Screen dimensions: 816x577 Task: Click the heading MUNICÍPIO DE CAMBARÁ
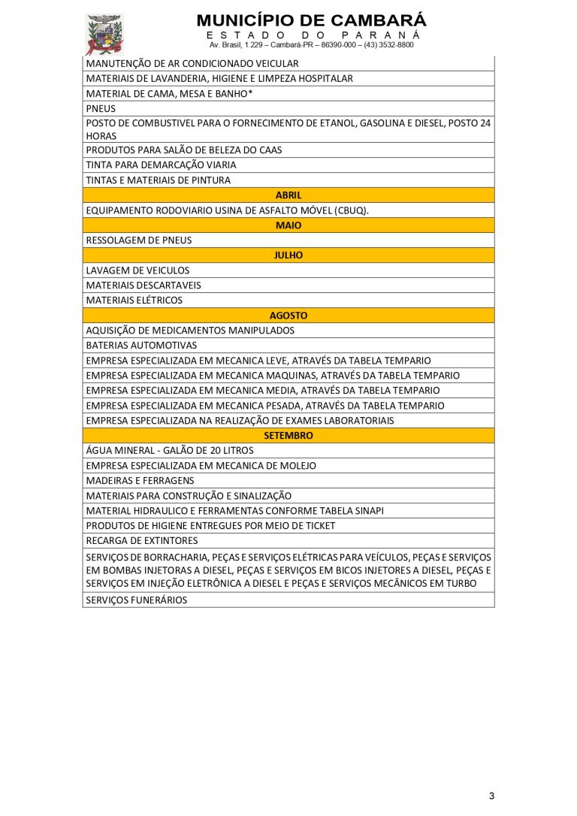pos(311,20)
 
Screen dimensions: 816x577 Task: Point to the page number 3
pos(491,796)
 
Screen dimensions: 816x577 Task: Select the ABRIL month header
pos(288,195)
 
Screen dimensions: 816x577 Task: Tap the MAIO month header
pos(288,225)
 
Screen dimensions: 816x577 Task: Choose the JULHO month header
pos(288,255)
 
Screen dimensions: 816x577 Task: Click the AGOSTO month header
pos(288,316)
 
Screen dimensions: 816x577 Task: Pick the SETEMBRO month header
pos(288,436)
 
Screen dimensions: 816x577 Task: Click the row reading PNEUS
pos(101,108)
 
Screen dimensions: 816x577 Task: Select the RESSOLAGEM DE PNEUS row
pos(139,240)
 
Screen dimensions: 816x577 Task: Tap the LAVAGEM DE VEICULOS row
pos(137,270)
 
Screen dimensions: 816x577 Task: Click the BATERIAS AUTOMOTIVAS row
pos(141,346)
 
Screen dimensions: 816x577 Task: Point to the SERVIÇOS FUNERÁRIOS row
pos(137,600)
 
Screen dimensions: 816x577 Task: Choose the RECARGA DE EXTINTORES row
pos(142,541)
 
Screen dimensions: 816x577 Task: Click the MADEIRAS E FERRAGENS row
pos(140,481)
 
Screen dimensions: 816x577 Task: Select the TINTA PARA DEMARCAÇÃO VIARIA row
pos(161,165)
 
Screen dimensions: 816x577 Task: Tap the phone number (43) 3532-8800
pos(387,45)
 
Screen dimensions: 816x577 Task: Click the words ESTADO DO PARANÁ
pos(311,35)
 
